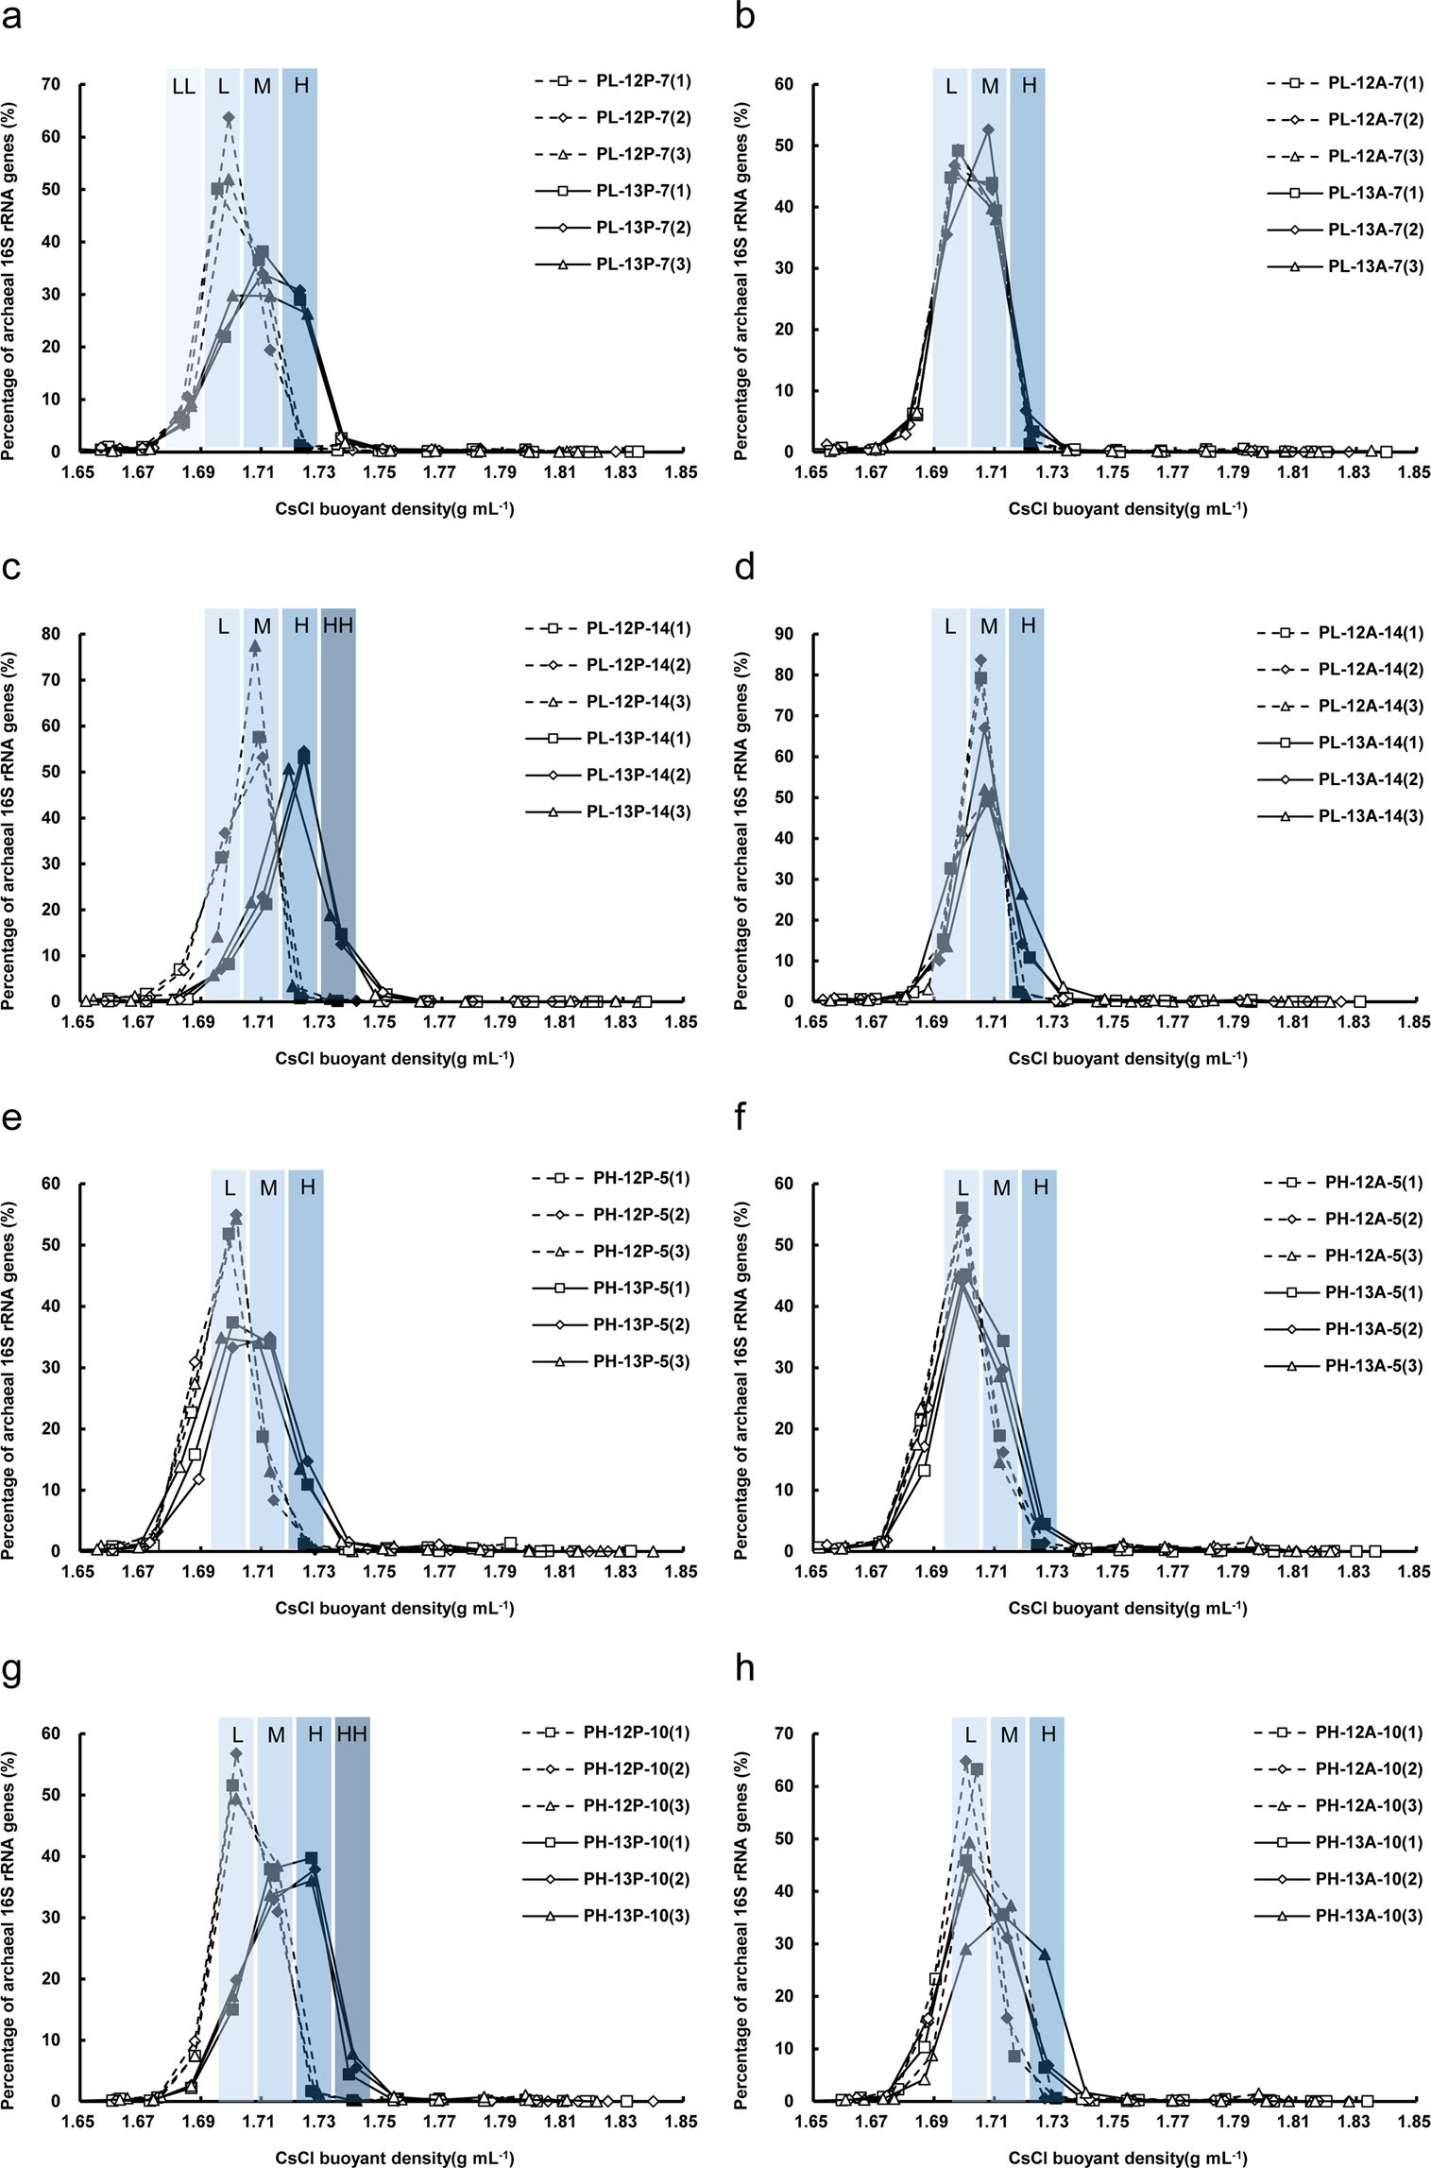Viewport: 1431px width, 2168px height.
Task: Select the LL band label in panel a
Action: coord(183,87)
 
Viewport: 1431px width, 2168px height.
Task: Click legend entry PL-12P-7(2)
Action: coord(642,118)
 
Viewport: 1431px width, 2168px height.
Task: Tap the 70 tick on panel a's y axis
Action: coord(51,84)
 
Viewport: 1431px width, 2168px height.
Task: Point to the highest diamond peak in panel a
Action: coord(229,117)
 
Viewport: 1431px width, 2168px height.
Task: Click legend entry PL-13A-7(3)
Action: coord(1374,266)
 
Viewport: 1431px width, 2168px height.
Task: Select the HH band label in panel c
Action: coord(338,625)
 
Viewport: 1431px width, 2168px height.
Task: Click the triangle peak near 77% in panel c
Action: coord(255,646)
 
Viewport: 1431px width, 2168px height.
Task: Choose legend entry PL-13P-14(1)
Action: coord(638,738)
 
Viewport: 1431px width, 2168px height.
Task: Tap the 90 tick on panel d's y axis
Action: coord(784,634)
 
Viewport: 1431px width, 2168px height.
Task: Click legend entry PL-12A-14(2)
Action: coord(1370,669)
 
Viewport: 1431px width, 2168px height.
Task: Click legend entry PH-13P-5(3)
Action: coord(640,1361)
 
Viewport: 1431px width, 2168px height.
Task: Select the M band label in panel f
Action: coord(1001,1187)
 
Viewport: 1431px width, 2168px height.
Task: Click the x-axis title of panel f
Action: coord(1127,1608)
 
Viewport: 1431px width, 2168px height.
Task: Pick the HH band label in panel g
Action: coord(352,1734)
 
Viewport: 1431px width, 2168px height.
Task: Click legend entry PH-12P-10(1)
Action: coord(636,1733)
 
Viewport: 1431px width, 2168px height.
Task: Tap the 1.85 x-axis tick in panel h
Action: coord(1414,2121)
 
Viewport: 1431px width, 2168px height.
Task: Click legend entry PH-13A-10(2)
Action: coord(1368,1879)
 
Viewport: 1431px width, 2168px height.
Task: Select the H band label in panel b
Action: coord(1029,86)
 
